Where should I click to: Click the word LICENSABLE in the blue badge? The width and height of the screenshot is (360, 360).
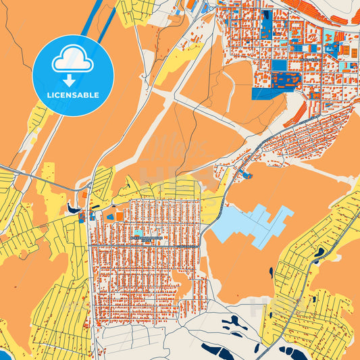point(73,95)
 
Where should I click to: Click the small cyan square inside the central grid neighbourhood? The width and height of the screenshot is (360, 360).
point(138,232)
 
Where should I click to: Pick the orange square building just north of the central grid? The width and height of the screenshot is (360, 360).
point(120,216)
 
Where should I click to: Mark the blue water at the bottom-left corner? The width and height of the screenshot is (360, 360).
point(3,355)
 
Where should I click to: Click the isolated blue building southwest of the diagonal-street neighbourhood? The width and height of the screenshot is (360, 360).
point(247,176)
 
